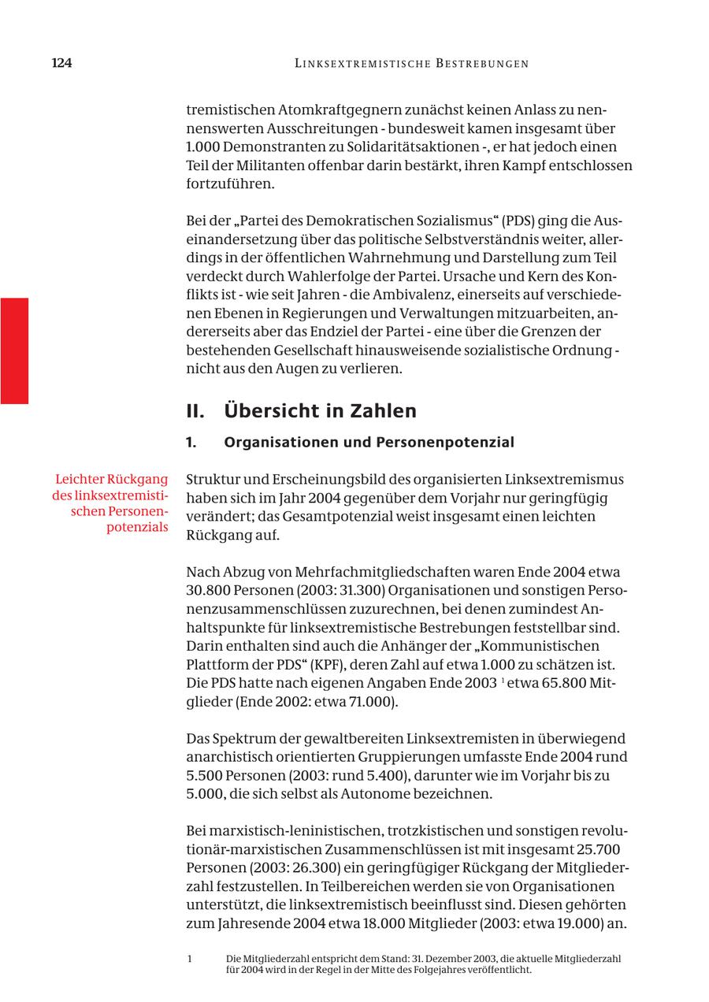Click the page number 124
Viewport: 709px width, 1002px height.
click(x=61, y=63)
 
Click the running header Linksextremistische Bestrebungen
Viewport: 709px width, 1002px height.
click(x=411, y=63)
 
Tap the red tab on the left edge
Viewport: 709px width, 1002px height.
click(x=14, y=351)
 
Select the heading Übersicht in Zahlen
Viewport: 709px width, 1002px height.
click(x=320, y=410)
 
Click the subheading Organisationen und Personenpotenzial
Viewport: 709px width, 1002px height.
click(x=369, y=442)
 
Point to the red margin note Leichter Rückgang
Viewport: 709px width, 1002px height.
click(x=112, y=479)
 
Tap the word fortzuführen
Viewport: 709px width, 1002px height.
click(x=230, y=184)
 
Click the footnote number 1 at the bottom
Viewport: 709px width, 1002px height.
click(x=190, y=959)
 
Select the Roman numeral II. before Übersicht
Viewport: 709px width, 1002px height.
click(x=195, y=410)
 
